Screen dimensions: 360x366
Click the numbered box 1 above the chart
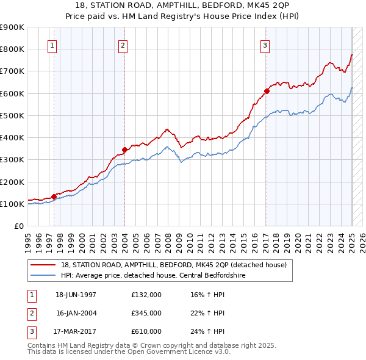(x=52, y=45)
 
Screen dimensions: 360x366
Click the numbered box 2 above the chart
(x=123, y=45)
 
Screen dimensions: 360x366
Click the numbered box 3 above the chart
(x=265, y=45)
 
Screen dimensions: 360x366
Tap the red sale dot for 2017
(x=267, y=91)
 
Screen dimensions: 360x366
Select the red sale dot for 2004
(x=124, y=149)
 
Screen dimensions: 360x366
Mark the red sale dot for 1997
(x=54, y=196)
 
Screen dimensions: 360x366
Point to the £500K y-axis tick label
(x=12, y=115)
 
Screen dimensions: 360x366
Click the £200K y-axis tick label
(x=12, y=182)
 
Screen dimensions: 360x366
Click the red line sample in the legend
(x=44, y=264)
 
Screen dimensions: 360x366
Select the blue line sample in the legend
(x=44, y=275)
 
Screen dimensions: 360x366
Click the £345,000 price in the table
(x=146, y=313)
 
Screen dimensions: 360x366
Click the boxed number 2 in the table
(x=31, y=313)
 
